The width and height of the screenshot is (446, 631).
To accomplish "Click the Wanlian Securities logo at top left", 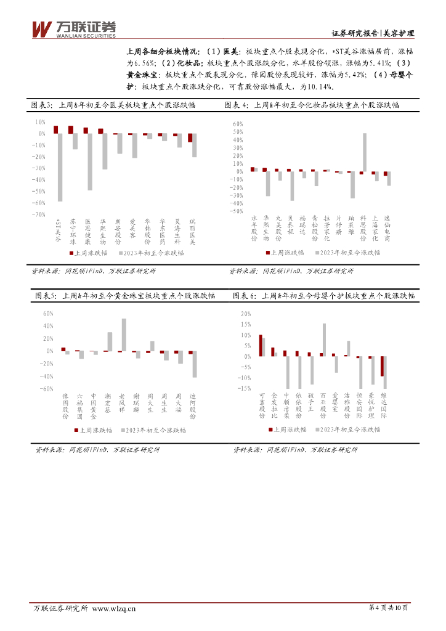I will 73,28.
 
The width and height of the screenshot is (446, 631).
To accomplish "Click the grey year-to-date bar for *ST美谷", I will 60,167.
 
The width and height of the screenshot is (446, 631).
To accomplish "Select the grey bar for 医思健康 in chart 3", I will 90,161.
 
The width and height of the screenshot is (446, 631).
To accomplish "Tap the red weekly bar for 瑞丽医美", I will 190,138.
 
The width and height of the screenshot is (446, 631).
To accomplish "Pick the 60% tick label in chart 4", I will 238,124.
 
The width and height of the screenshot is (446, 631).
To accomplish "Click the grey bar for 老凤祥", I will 124,335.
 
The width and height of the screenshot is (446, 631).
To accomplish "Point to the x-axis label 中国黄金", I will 93,406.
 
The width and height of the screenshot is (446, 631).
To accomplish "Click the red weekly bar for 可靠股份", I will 260,345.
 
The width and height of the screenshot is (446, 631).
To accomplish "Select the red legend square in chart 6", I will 269,429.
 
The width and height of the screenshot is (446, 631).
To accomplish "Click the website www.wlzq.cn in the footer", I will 113,609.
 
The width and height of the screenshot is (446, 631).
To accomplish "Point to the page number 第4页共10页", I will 388,608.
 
